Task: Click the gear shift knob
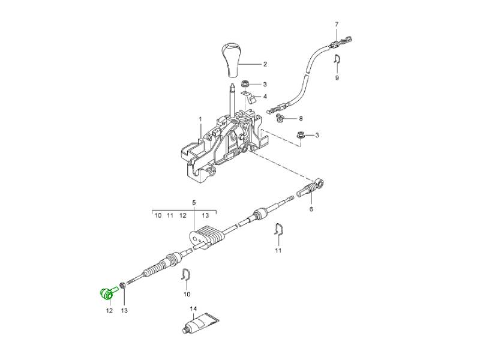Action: click(233, 60)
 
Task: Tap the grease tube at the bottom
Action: click(200, 323)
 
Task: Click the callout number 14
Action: click(193, 309)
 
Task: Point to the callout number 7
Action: click(337, 24)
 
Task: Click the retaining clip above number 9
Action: click(337, 58)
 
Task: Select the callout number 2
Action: click(265, 64)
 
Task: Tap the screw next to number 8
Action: click(280, 118)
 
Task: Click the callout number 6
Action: click(311, 209)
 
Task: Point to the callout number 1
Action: click(200, 118)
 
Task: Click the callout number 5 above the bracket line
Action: click(194, 202)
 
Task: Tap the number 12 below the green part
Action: click(109, 310)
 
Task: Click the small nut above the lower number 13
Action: click(122, 286)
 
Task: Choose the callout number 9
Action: click(337, 78)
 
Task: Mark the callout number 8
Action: click(301, 118)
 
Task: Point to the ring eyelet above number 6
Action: click(320, 184)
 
